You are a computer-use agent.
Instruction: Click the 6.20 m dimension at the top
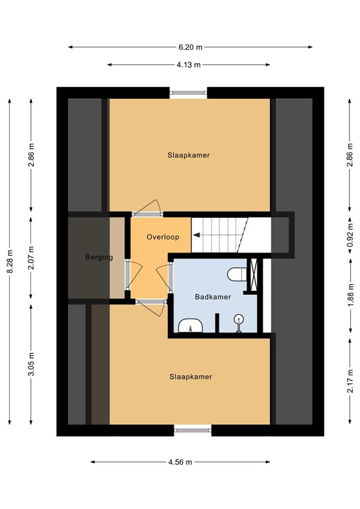[190, 47]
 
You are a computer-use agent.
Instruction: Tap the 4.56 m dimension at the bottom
[180, 462]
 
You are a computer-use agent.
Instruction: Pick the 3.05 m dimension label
[31, 365]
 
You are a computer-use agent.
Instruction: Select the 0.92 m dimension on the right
[349, 235]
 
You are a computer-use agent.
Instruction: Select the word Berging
[99, 257]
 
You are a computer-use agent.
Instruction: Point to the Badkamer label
[213, 297]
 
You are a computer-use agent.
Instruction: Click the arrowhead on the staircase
[196, 234]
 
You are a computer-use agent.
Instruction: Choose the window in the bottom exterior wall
[194, 429]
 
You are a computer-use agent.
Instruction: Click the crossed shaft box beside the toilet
[253, 274]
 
